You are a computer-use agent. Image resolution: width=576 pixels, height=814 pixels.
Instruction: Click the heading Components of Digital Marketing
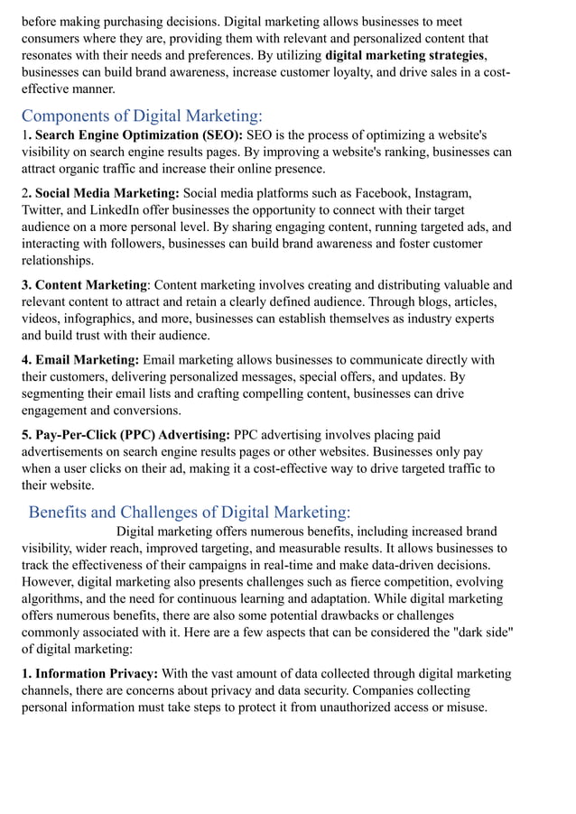coord(142,116)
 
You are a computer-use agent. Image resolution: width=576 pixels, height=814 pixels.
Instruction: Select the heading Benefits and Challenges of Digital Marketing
coord(190,512)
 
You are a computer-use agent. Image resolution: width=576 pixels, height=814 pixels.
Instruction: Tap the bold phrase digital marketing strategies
coord(404,55)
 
